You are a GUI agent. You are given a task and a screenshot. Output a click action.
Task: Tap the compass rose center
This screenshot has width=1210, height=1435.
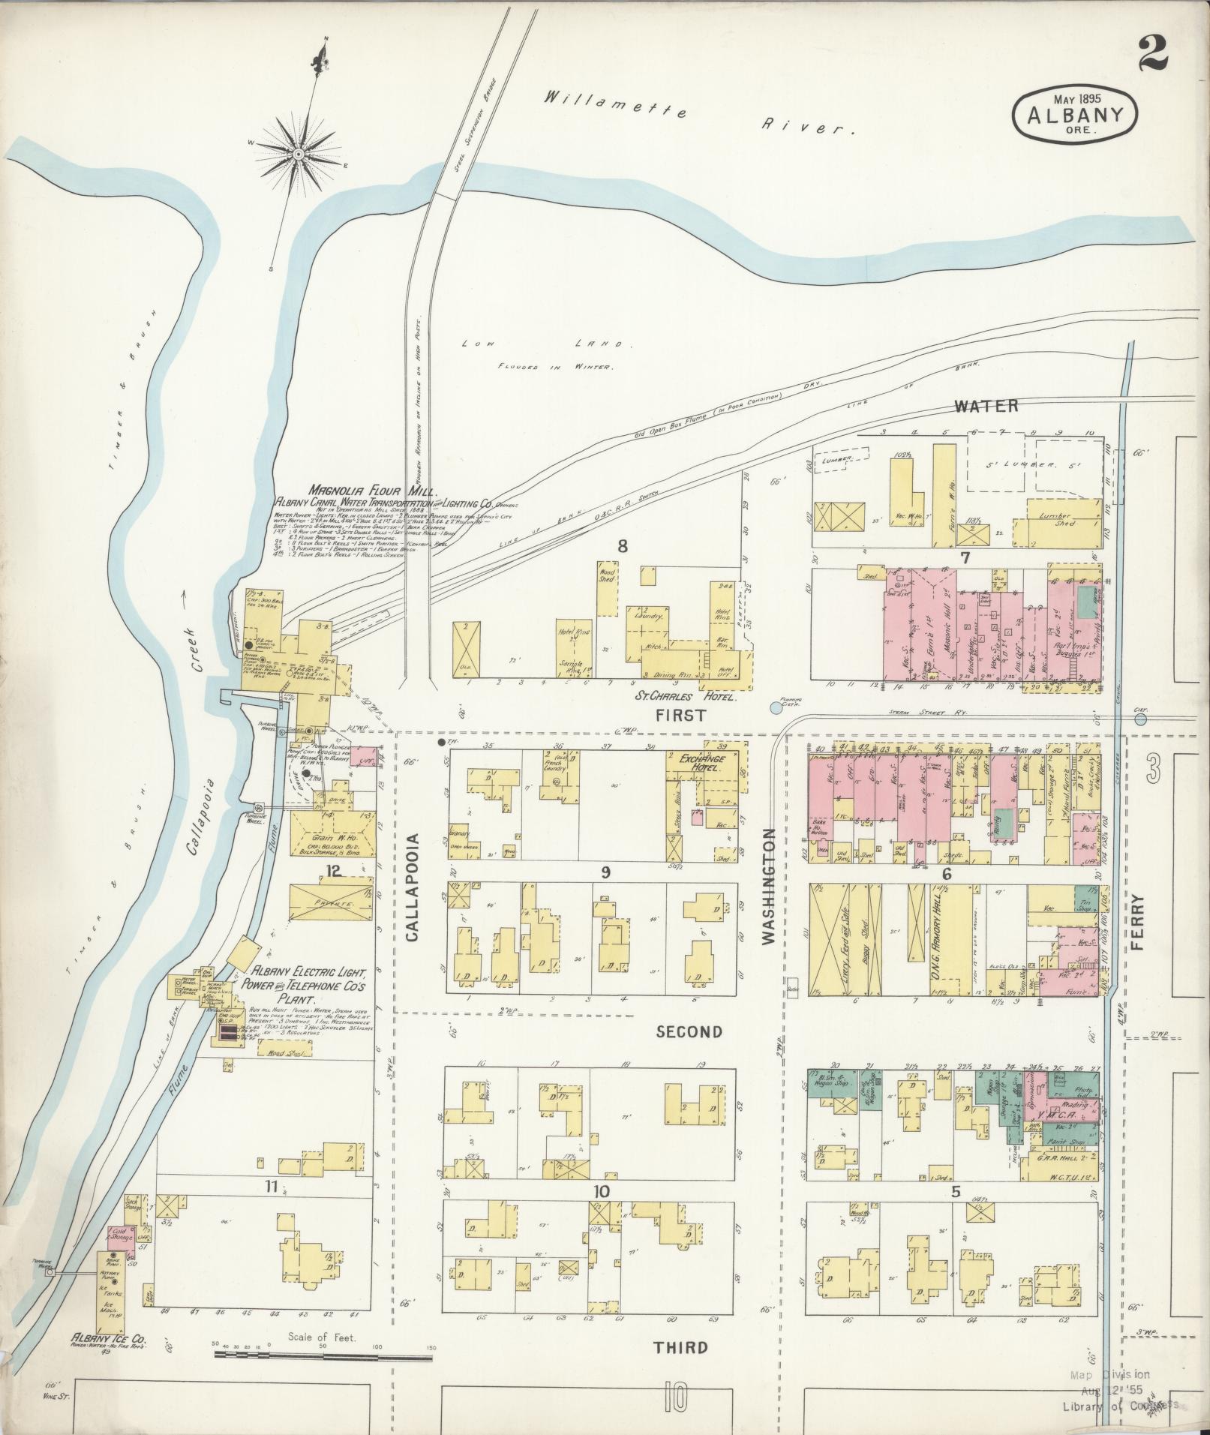(x=298, y=154)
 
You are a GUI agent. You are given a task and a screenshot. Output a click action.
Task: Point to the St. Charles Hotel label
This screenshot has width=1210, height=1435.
(x=686, y=695)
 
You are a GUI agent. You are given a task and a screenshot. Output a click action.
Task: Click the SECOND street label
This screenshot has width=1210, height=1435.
(x=689, y=1032)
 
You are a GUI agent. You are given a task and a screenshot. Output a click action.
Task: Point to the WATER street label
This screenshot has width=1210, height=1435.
(x=986, y=406)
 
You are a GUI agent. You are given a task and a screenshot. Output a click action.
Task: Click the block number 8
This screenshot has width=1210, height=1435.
(x=622, y=546)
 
